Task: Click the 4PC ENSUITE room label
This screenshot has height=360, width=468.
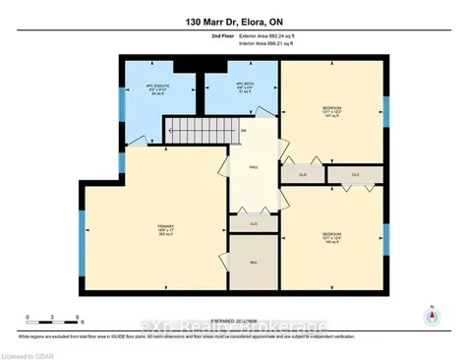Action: tap(149, 93)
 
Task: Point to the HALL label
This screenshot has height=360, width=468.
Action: tap(253, 167)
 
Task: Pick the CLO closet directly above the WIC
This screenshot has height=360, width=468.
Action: tap(254, 223)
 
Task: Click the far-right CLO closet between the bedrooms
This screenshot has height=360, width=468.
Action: tap(355, 175)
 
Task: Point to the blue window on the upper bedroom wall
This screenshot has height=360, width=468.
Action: tap(385, 111)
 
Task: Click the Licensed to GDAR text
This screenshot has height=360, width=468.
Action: tap(29, 353)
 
